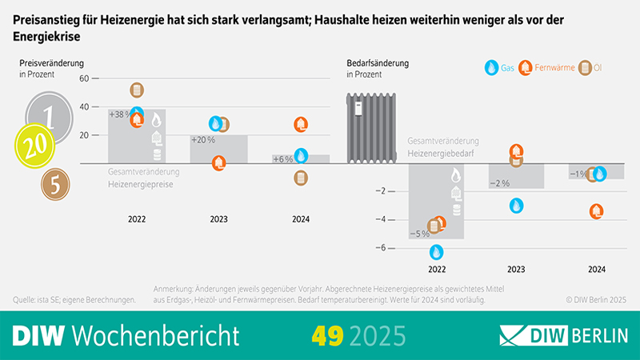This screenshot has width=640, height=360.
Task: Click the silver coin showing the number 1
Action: pyautogui.click(x=48, y=116)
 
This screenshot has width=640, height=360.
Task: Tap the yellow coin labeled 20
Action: pyautogui.click(x=38, y=147)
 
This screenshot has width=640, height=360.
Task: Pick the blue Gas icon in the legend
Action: pyautogui.click(x=492, y=69)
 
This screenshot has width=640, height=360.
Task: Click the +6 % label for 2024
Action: pyautogui.click(x=282, y=159)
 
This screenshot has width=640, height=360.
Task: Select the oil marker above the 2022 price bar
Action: pyautogui.click(x=136, y=90)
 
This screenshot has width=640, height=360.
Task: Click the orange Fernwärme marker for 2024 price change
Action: pyautogui.click(x=300, y=125)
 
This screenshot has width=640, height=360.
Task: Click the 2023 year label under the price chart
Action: pyautogui.click(x=218, y=219)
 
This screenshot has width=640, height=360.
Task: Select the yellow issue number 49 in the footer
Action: pyautogui.click(x=328, y=334)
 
